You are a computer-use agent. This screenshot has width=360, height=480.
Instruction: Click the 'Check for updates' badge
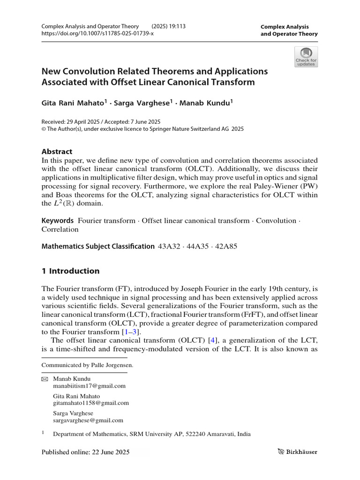tap(306, 57)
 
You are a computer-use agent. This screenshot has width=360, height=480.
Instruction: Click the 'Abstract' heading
tap(57, 151)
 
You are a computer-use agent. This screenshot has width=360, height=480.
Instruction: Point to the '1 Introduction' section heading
tap(71, 271)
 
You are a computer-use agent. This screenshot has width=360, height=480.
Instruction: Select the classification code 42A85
tap(225, 246)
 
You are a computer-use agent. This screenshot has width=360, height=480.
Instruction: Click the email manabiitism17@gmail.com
tap(90, 386)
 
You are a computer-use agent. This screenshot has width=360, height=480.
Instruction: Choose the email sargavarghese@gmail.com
tap(89, 420)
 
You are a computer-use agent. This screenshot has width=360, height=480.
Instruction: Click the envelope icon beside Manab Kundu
tap(45, 379)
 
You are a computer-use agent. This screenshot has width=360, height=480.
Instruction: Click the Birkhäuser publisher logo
tap(297, 452)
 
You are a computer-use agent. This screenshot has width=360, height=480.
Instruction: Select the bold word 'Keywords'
tap(58, 220)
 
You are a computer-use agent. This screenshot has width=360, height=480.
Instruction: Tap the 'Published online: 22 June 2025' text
tap(85, 452)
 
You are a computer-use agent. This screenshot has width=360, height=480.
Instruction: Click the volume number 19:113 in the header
tap(174, 26)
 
